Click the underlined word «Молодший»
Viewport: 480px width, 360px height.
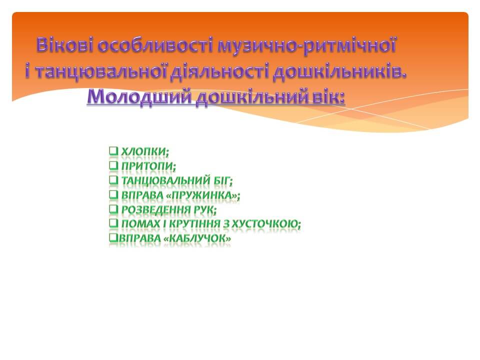(139, 97)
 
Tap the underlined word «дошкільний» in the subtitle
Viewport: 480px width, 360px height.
(252, 97)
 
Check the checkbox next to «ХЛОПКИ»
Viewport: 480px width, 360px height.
(113, 150)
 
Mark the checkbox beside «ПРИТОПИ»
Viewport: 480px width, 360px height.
(113, 165)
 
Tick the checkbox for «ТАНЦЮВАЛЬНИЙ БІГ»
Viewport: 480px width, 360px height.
(113, 179)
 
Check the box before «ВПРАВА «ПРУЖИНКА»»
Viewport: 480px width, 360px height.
(113, 194)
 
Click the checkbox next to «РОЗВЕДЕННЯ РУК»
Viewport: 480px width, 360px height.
(113, 209)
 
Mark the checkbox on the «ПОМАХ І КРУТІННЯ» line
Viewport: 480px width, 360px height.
(113, 223)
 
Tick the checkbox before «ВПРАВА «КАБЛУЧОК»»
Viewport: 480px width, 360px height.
(113, 237)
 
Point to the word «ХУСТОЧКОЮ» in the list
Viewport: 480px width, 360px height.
(265, 224)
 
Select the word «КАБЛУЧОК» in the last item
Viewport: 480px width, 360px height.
(197, 238)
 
